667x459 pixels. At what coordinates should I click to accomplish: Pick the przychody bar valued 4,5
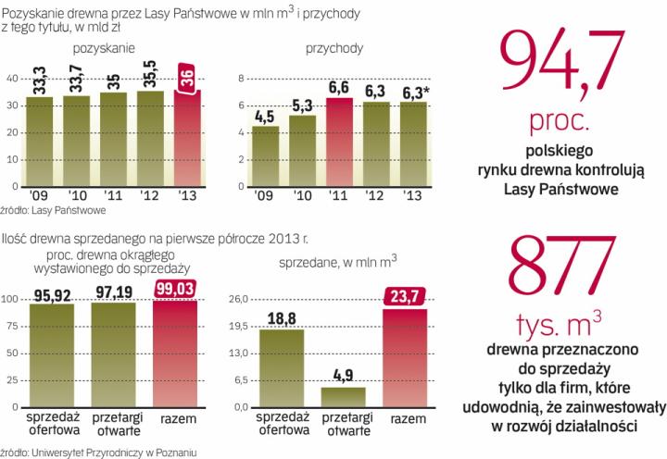[x=266, y=155]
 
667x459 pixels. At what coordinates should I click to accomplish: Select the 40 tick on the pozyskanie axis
[x=10, y=79]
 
